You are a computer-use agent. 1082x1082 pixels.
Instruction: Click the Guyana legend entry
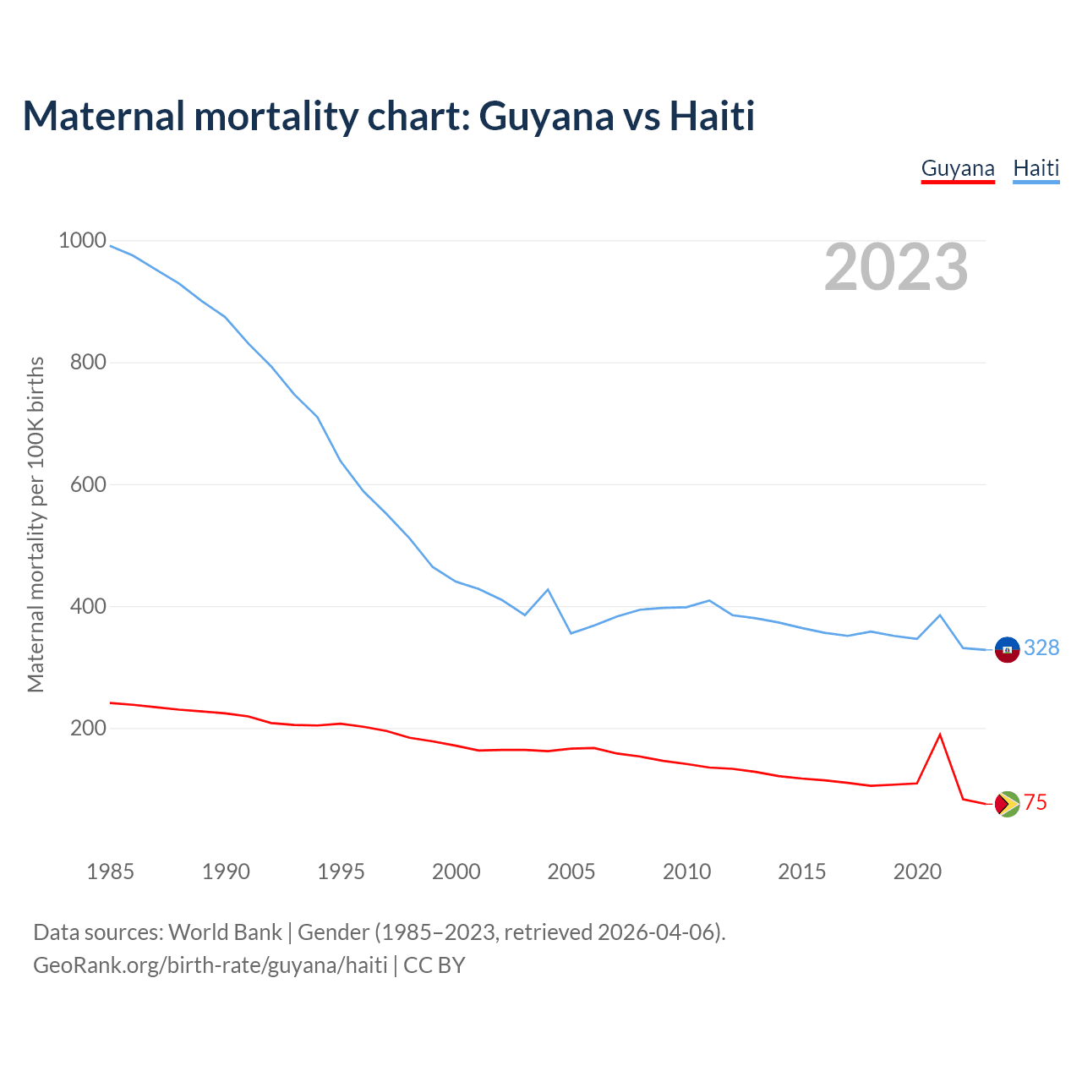coord(958,168)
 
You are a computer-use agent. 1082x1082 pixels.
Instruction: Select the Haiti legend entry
coord(1036,168)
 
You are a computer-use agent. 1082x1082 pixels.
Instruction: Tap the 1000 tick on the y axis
coord(82,241)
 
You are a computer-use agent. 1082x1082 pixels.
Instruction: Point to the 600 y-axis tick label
coord(88,484)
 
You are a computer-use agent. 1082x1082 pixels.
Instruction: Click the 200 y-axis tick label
coord(88,728)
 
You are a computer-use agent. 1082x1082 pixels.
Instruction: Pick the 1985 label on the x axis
coord(111,872)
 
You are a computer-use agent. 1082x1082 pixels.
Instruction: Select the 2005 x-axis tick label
coord(571,872)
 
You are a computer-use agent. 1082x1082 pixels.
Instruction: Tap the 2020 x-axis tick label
coord(917,872)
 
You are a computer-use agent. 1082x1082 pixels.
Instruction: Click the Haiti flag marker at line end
coord(1007,649)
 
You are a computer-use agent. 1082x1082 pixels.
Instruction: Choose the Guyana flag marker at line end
coord(1007,804)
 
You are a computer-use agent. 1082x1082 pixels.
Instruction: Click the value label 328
coord(1041,648)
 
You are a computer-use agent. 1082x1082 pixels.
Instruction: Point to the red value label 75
coord(1036,803)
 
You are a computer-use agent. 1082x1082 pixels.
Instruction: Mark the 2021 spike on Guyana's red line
coord(940,735)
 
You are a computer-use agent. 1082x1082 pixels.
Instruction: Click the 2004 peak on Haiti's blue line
coord(548,589)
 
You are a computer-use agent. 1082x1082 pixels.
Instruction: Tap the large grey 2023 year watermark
coord(896,267)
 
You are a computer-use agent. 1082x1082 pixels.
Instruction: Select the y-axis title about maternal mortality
coord(36,524)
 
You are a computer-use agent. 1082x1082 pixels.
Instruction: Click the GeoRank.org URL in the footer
coord(210,965)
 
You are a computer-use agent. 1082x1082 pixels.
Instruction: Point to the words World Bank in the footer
coord(225,932)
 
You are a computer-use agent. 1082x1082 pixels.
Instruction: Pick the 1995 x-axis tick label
coord(341,872)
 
